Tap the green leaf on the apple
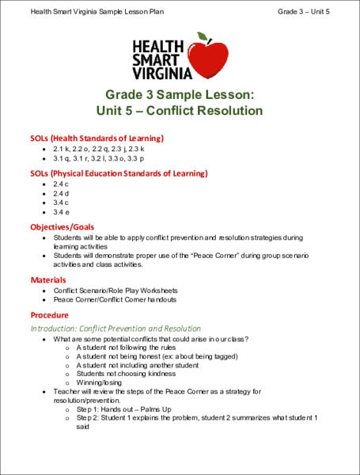pos(203,37)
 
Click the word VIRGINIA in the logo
pos(162,73)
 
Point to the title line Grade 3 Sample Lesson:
pos(180,93)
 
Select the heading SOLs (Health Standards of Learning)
pos(97,137)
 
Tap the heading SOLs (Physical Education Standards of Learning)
pos(119,173)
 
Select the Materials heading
pos(49,280)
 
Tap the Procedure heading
pos(51,314)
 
